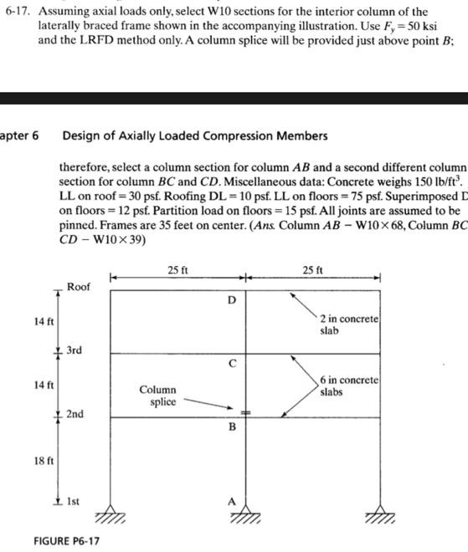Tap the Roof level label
click(x=79, y=286)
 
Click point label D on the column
click(x=232, y=299)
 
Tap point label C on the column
click(x=232, y=364)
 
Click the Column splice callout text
click(x=157, y=395)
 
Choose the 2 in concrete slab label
click(x=350, y=325)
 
